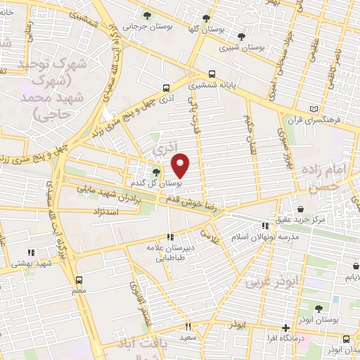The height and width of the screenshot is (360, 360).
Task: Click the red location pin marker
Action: tap(181, 165)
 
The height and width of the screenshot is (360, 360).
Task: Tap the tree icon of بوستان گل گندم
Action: tap(156, 172)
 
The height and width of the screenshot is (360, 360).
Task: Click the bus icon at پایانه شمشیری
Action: tap(212, 74)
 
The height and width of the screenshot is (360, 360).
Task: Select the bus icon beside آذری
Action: tap(166, 89)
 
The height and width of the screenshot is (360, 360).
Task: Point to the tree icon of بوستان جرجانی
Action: tap(147, 15)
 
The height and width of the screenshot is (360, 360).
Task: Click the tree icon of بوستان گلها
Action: tap(205, 19)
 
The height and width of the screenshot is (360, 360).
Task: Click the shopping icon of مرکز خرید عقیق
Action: tap(301, 209)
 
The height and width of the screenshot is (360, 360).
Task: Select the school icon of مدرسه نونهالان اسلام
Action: tap(265, 226)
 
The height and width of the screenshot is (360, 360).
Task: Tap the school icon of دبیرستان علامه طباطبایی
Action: tap(169, 238)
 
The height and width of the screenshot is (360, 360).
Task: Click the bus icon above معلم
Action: tap(78, 279)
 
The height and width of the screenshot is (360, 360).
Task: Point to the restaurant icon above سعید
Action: tap(188, 326)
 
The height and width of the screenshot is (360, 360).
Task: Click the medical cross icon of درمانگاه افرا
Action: tap(285, 328)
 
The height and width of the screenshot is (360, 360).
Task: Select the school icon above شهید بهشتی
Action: tap(30, 252)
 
